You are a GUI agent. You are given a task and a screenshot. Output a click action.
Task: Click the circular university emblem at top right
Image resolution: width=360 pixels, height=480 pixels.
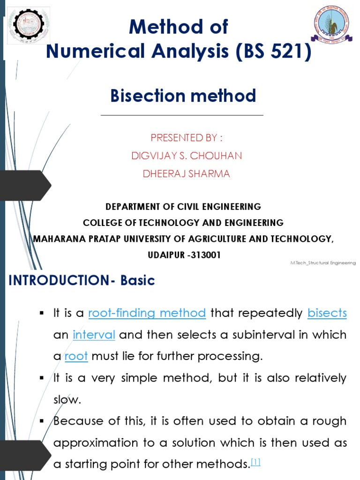pos(331,24)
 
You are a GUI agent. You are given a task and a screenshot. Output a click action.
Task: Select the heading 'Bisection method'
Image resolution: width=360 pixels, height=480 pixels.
pos(183,96)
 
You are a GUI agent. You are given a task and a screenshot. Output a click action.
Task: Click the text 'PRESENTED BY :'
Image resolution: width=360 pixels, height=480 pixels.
pos(186,138)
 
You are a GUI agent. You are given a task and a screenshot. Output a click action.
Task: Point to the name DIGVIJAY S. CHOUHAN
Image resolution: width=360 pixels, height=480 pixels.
pos(186,156)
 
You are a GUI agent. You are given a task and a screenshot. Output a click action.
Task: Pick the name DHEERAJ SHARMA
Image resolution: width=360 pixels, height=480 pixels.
pos(186,174)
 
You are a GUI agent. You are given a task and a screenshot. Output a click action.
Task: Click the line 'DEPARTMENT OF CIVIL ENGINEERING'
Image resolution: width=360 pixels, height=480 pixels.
pos(183,207)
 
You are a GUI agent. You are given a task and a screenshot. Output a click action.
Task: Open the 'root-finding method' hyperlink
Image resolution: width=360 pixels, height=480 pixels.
pos(147,313)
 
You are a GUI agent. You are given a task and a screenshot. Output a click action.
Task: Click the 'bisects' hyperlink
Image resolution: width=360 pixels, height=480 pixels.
pos(327,313)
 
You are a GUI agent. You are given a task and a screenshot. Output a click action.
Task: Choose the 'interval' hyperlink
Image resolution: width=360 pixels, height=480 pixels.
pos(94,335)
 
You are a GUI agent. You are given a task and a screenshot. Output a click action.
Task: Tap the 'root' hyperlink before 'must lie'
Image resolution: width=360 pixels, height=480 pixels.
pos(76,356)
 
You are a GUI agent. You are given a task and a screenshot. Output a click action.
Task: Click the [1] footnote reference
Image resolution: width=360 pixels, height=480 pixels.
pos(255,463)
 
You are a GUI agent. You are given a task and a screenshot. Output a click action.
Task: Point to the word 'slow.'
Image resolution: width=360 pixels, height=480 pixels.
pos(67,399)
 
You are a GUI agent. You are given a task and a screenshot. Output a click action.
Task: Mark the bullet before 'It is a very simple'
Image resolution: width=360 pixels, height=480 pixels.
pos(42,378)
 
